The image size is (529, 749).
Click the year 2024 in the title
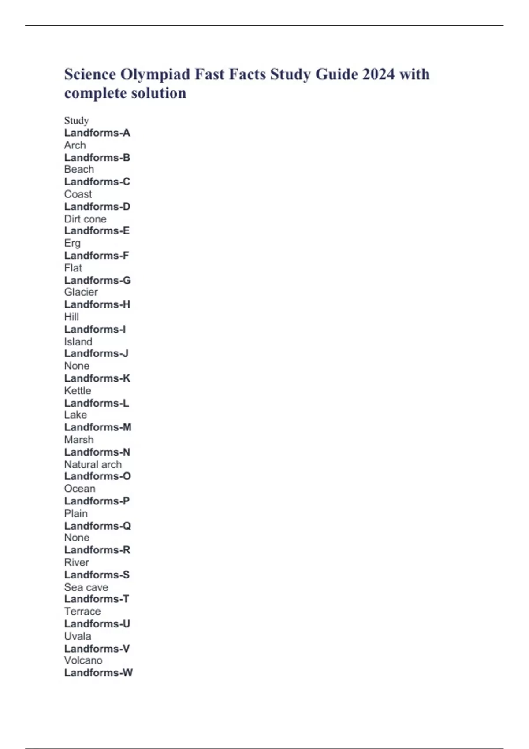[x=378, y=74]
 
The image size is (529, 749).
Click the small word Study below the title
[x=76, y=121]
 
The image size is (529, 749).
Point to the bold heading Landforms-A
[x=97, y=133]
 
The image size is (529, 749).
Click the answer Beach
[x=79, y=170]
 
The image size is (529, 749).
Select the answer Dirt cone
[x=85, y=219]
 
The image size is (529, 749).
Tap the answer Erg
[x=72, y=243]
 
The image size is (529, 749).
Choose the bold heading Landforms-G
[x=97, y=280]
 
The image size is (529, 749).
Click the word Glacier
[x=81, y=292]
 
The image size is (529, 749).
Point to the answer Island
[x=78, y=342]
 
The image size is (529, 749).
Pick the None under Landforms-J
[x=77, y=366]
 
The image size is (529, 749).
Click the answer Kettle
[x=78, y=391]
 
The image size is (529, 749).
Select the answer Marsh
[x=79, y=440]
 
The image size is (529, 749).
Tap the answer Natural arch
[x=93, y=464]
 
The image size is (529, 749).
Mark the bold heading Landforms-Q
[x=97, y=526]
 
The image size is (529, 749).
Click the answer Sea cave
[x=86, y=587]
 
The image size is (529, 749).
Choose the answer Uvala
[x=78, y=636]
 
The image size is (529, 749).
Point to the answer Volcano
[x=83, y=660]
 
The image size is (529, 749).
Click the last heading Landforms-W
[x=98, y=673]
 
